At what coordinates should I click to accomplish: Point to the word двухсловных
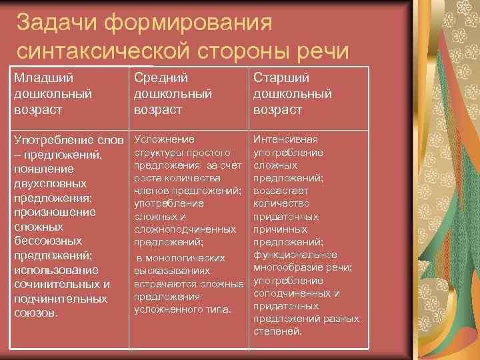(x=50, y=183)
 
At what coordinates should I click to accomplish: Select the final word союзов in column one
(x=35, y=313)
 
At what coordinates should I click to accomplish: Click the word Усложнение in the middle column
(x=165, y=139)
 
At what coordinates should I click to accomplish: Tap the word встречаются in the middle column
(x=165, y=284)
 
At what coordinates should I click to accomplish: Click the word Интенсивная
(x=286, y=139)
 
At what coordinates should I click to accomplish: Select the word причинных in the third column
(x=277, y=229)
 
